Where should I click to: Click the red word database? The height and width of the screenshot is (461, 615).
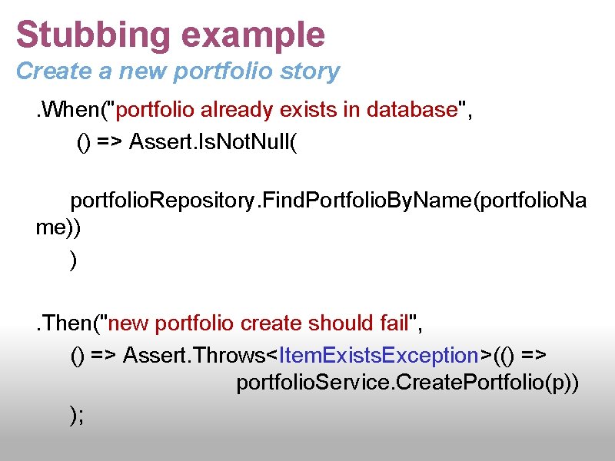point(411,111)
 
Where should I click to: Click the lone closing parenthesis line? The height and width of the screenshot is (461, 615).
point(74,261)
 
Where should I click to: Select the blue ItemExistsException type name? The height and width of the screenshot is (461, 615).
point(379,356)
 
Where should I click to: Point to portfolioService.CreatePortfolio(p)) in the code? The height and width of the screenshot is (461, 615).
point(407,383)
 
